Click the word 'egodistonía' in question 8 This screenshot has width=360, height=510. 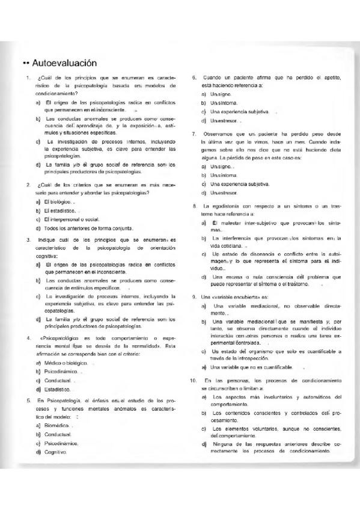click(x=226, y=206)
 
